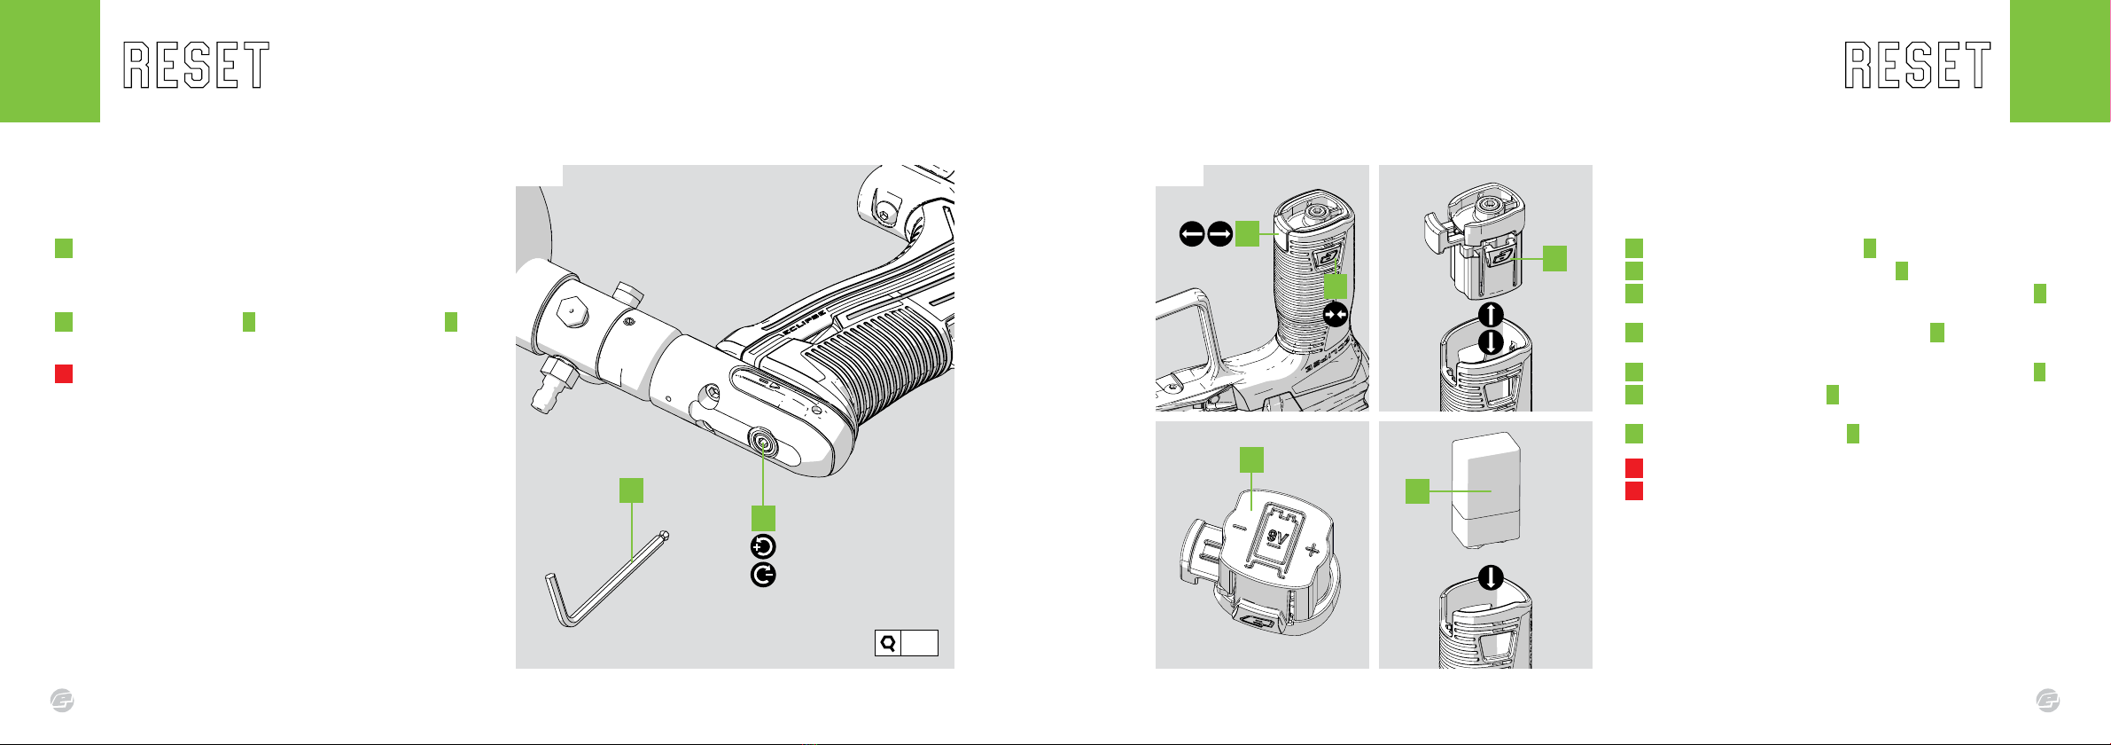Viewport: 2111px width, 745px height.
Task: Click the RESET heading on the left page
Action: tap(196, 66)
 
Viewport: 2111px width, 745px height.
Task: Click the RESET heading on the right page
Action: tap(1918, 66)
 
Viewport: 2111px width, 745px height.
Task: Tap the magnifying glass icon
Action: tap(887, 643)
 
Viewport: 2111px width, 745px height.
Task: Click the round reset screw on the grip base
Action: tap(762, 441)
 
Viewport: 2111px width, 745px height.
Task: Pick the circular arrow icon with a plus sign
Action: tap(763, 546)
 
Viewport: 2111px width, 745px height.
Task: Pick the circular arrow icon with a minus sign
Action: tap(763, 576)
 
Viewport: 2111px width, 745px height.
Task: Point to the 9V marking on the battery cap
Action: tap(1277, 537)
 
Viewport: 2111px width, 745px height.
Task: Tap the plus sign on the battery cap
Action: tap(1313, 551)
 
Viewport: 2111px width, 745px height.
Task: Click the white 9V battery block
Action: tap(1486, 490)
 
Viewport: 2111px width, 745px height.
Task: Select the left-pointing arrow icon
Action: tap(1192, 234)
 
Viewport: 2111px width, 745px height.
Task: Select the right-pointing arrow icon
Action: tap(1220, 234)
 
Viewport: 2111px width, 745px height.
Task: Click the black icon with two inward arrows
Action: tap(1336, 315)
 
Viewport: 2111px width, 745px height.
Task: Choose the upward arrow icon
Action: tap(1492, 314)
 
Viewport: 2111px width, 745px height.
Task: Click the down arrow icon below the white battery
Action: tap(1492, 578)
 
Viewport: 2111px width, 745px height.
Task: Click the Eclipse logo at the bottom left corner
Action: tap(62, 701)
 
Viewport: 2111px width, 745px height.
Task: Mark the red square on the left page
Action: tap(64, 373)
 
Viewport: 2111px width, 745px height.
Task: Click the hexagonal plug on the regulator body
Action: tap(573, 311)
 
